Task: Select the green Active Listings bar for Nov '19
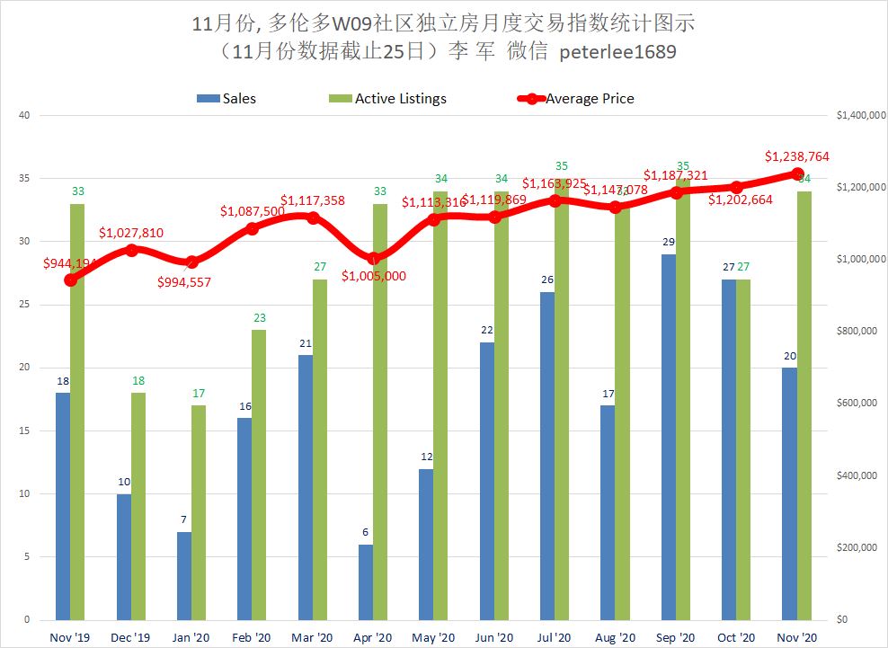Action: [77, 412]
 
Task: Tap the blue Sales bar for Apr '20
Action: [366, 581]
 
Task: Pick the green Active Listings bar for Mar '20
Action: [320, 449]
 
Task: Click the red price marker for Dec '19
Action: [131, 250]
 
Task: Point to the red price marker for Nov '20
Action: [796, 174]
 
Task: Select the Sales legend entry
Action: [226, 99]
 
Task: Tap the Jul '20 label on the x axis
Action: [555, 636]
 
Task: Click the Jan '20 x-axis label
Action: [191, 636]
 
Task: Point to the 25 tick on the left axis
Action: [24, 305]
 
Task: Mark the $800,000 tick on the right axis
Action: [855, 332]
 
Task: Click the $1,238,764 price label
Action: [796, 156]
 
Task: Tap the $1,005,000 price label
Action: [373, 276]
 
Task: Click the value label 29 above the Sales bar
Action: [669, 243]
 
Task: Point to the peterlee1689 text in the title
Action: [617, 52]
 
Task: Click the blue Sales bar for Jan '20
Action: [184, 575]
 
